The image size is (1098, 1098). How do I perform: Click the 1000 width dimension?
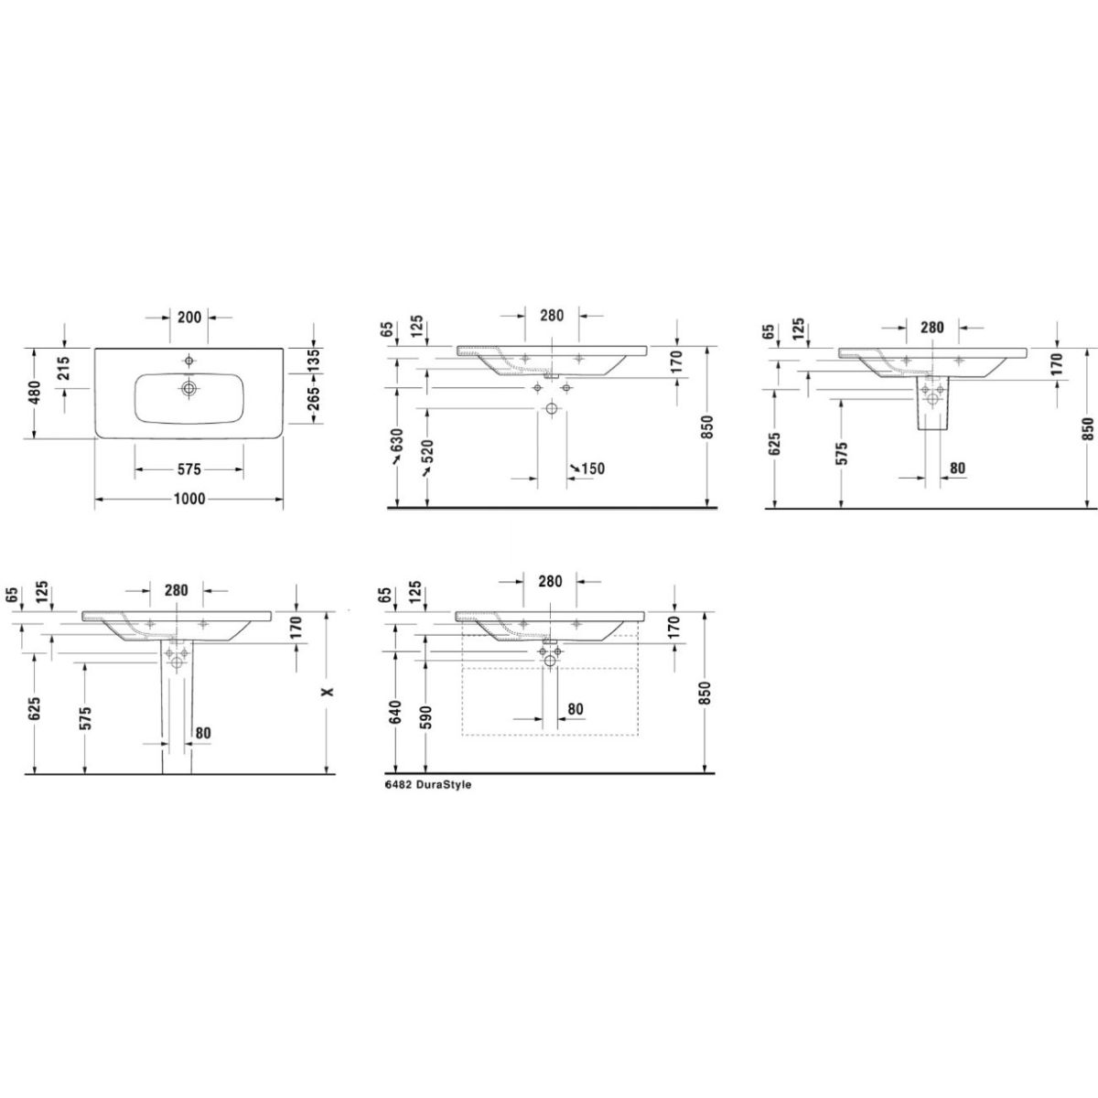click(x=189, y=500)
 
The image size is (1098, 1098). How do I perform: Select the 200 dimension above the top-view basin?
click(x=189, y=317)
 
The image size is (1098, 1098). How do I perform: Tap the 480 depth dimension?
click(x=35, y=393)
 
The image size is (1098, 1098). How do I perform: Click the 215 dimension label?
click(x=64, y=368)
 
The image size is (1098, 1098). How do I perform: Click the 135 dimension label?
click(x=313, y=361)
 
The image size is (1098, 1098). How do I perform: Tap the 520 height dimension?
click(x=428, y=451)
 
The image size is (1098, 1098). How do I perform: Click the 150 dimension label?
click(x=593, y=469)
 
